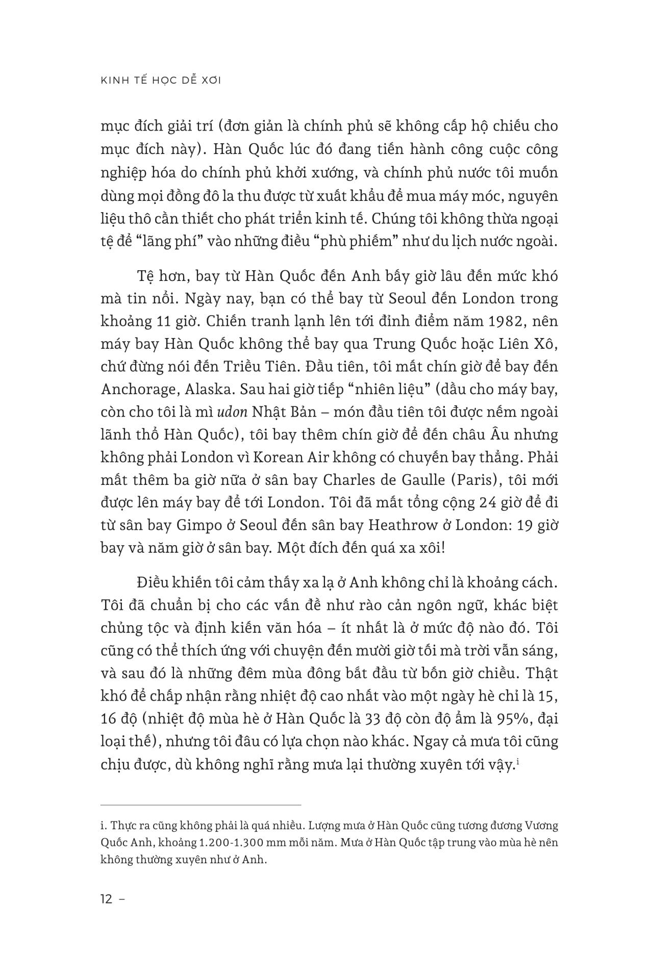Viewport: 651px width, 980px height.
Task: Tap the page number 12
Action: point(107,899)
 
